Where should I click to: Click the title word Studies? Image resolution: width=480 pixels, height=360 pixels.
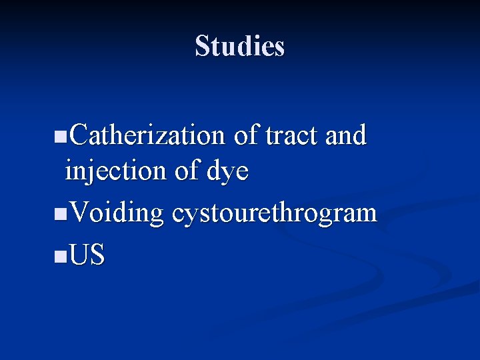pyautogui.click(x=240, y=46)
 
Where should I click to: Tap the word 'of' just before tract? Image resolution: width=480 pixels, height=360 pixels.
pyautogui.click(x=246, y=135)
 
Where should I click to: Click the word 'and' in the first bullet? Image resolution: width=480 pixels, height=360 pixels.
pyautogui.click(x=345, y=135)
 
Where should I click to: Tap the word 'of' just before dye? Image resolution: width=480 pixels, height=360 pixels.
pyautogui.click(x=187, y=172)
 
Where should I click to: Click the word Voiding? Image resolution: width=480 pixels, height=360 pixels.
pyautogui.click(x=116, y=213)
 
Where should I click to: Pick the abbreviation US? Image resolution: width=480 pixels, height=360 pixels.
pyautogui.click(x=87, y=255)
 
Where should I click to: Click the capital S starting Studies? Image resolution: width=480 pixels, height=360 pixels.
pyautogui.click(x=202, y=46)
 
